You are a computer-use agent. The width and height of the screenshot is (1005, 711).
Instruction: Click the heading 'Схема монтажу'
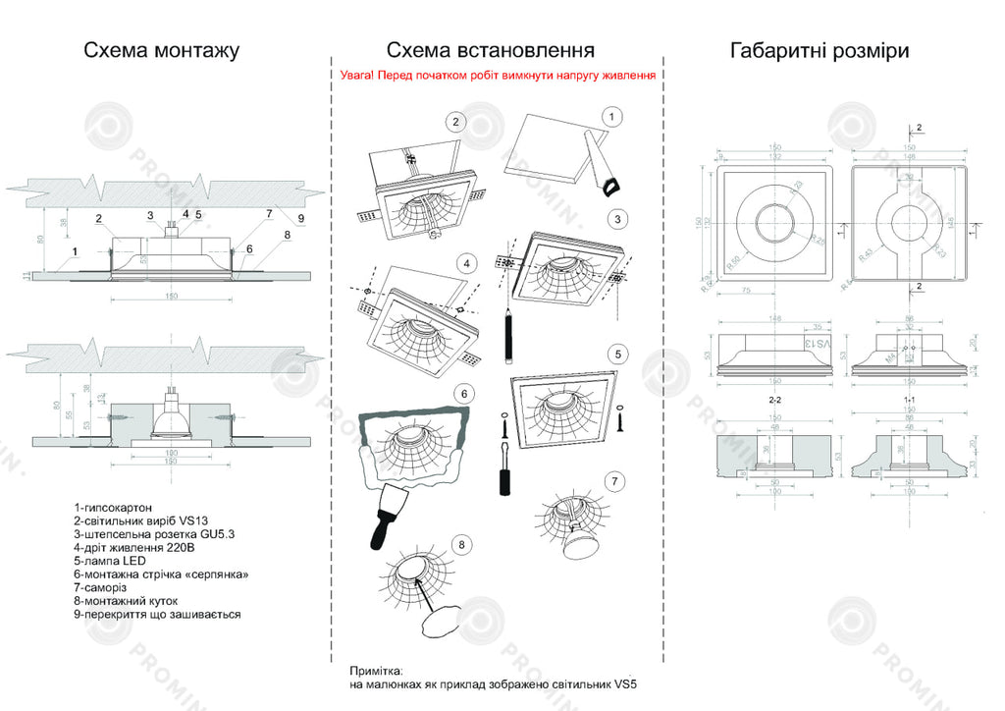click(161, 50)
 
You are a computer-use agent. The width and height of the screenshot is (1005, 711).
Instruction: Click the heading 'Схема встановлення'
click(490, 50)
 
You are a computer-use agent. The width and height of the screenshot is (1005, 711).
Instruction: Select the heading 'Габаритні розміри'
click(820, 50)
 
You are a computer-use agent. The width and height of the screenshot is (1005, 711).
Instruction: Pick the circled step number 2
click(454, 122)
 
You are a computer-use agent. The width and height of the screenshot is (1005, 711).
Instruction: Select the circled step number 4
click(468, 263)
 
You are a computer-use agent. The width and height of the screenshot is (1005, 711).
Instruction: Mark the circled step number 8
click(462, 544)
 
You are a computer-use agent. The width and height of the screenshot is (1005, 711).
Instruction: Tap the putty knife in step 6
click(386, 516)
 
